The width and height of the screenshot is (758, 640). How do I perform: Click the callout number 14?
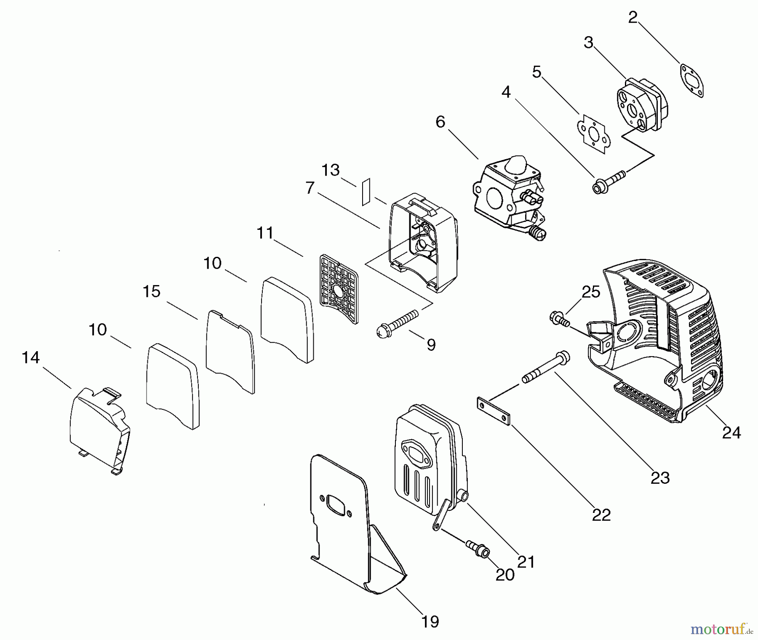(x=31, y=358)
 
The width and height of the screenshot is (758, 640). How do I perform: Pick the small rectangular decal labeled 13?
(x=366, y=192)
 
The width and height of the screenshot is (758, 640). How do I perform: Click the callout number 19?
(x=430, y=621)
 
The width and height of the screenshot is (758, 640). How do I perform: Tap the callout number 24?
(x=731, y=432)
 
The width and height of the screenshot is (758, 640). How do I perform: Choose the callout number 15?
(x=152, y=291)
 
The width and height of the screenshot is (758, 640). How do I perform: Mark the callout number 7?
(x=310, y=188)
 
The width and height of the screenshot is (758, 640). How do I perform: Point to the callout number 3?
(x=589, y=43)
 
